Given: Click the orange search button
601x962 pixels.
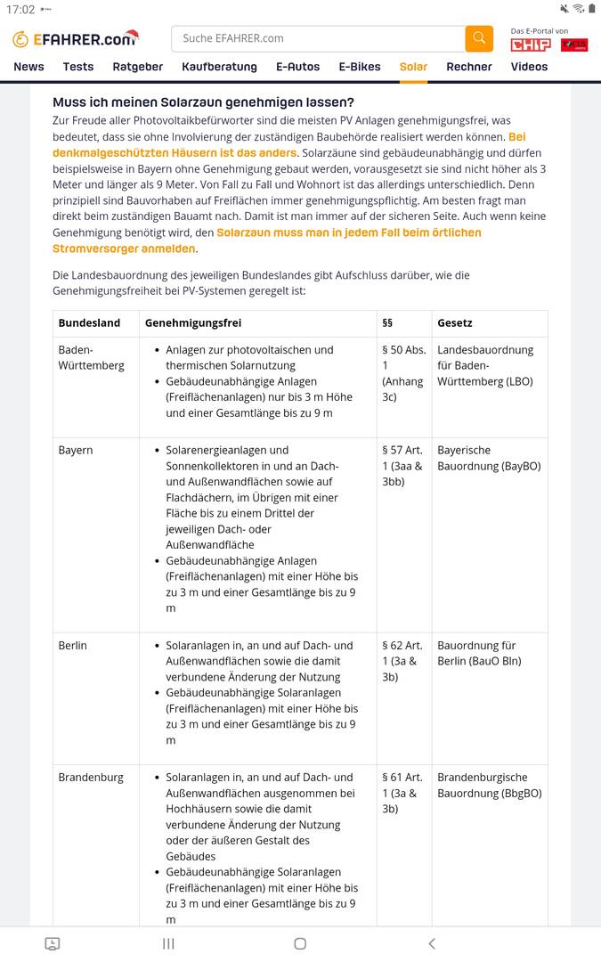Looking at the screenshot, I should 478,38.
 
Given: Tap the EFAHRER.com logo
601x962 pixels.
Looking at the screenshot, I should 76,39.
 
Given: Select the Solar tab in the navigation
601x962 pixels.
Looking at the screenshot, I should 413,67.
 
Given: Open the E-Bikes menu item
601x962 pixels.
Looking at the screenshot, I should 359,67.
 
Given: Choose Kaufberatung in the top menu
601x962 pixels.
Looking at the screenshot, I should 219,67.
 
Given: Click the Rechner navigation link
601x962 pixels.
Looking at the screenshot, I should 469,67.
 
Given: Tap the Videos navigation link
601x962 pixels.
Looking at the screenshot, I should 529,67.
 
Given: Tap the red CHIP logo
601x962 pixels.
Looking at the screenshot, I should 530,45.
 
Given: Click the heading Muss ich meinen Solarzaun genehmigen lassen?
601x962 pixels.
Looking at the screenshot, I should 203,102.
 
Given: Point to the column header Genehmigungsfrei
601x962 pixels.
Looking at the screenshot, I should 192,323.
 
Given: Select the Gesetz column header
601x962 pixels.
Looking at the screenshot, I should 455,323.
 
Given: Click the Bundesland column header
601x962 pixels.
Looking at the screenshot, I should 89,323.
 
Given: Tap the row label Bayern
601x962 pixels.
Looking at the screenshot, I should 76,451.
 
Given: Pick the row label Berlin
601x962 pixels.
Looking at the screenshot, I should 73,646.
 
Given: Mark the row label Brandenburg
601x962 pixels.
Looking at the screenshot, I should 91,778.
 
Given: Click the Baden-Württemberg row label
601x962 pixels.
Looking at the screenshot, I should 91,358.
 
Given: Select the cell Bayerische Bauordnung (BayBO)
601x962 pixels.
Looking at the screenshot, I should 489,459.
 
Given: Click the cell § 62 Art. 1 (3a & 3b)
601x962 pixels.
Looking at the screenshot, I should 403,661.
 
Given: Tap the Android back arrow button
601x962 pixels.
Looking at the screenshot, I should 432,944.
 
